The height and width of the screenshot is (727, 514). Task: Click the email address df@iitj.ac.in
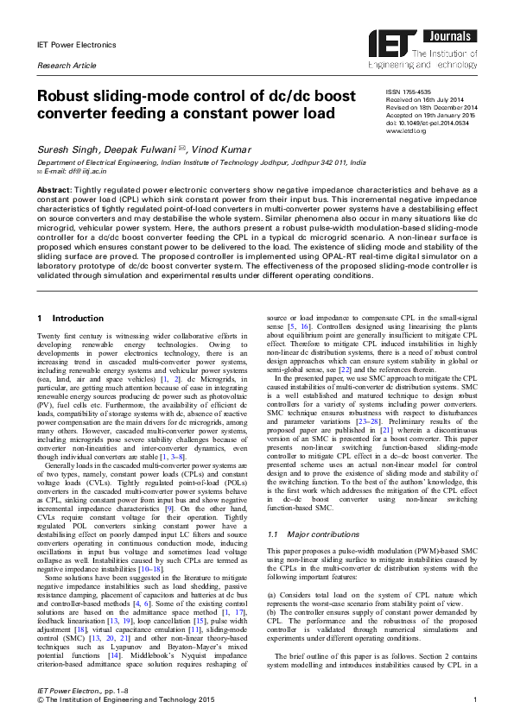[75, 171]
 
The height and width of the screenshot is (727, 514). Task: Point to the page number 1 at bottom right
[476, 699]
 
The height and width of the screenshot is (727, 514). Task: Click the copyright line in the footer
[121, 699]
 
